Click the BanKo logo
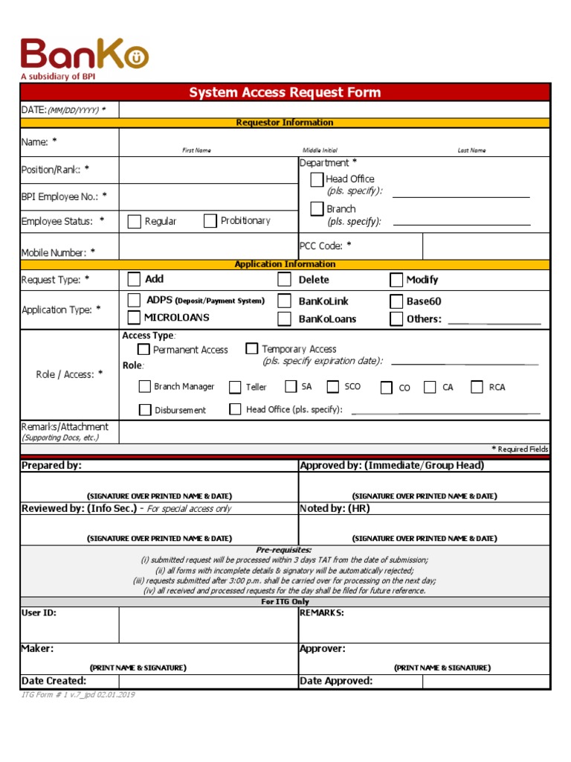(84, 56)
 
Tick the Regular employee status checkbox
(135, 221)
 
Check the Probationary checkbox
(210, 220)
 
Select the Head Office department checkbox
(317, 179)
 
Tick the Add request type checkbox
(134, 279)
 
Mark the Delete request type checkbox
(285, 280)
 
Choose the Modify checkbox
(396, 280)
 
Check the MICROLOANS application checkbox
(134, 318)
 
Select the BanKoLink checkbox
(285, 301)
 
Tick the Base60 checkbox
(396, 301)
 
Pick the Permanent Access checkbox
(143, 349)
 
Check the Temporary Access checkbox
(252, 348)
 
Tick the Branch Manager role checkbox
(145, 386)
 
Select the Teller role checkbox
(235, 387)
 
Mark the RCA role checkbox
(477, 387)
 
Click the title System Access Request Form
(285, 92)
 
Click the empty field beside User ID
(208, 624)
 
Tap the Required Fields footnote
(520, 449)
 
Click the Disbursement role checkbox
(145, 410)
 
